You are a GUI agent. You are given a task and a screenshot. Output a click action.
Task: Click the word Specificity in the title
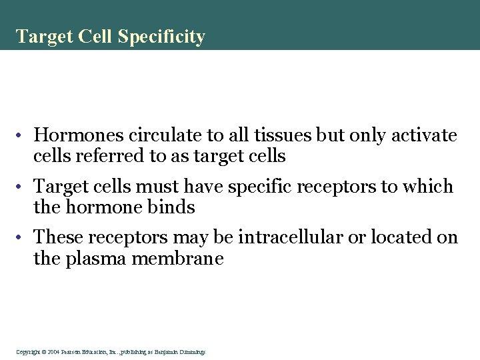(161, 37)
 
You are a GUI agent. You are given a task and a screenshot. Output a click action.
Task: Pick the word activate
(423, 136)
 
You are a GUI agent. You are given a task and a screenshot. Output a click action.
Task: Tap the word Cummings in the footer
(193, 351)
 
